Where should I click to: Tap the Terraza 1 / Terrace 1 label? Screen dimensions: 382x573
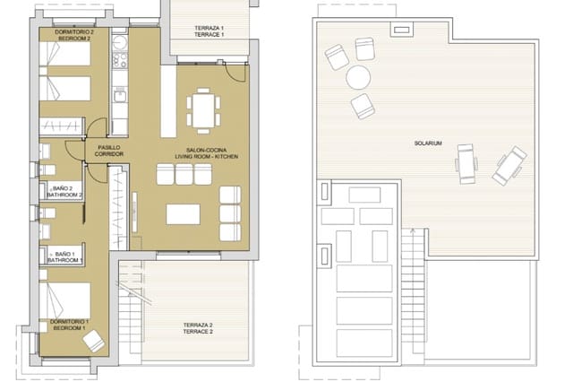coord(209,32)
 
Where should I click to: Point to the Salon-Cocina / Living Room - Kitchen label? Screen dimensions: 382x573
coord(205,152)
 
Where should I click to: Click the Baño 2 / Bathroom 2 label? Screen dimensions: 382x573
coord(66,190)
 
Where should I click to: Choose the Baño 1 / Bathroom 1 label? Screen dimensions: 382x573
coord(66,257)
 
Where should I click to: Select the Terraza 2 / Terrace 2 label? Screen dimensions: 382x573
coord(198,327)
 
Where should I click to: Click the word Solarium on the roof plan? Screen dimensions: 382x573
coord(429,143)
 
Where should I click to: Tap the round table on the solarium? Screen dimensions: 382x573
coord(359,76)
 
